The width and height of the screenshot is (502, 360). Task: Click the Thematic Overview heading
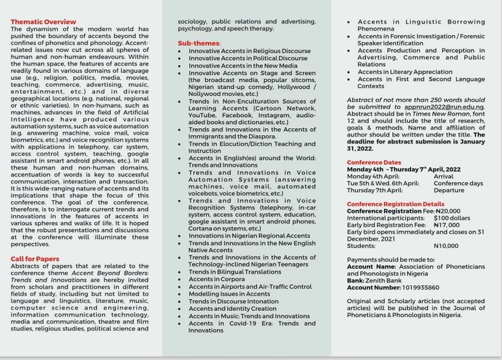(43, 22)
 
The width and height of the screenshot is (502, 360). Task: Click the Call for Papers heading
(35, 259)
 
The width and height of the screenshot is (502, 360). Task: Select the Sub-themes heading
(199, 43)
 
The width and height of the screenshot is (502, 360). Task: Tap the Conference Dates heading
(374, 163)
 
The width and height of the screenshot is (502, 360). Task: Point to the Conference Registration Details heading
(395, 204)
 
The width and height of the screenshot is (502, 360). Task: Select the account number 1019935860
(412, 288)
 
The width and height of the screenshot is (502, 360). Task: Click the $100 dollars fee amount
(452, 218)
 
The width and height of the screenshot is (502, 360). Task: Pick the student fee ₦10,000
(446, 246)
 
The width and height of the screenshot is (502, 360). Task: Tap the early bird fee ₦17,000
(446, 225)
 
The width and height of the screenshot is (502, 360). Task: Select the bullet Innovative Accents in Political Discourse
(248, 59)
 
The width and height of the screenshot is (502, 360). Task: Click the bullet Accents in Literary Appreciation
(405, 73)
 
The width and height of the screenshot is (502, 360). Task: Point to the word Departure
(449, 190)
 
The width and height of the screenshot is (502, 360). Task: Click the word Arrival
(443, 176)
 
